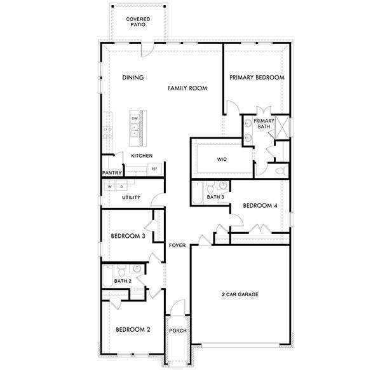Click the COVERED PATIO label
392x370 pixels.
(x=138, y=24)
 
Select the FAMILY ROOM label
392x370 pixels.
(x=187, y=89)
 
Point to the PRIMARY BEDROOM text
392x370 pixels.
(x=257, y=78)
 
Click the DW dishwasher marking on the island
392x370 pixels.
(x=135, y=119)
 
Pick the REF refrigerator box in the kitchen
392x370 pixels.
(x=154, y=168)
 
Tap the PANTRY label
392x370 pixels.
(x=111, y=173)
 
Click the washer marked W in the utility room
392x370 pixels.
(x=109, y=187)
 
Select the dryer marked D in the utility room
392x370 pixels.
(x=121, y=187)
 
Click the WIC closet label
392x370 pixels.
(x=222, y=159)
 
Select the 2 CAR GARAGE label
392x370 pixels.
(x=240, y=294)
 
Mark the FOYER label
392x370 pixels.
(x=177, y=245)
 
